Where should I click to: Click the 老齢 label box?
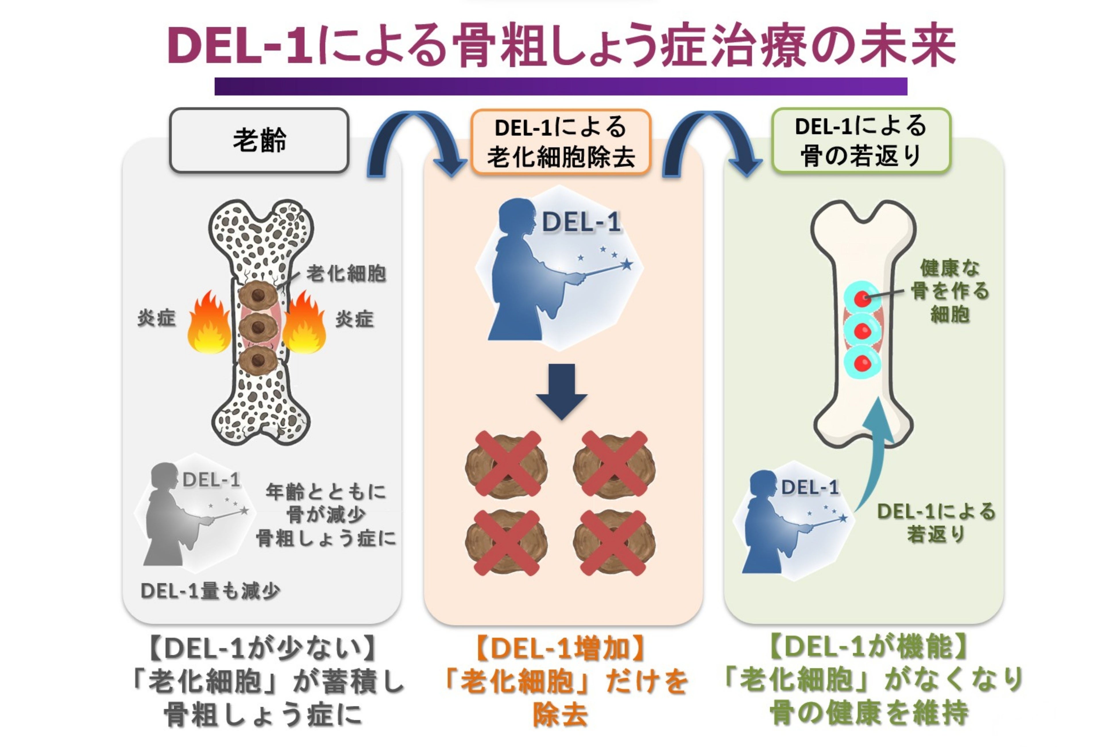pos(259,140)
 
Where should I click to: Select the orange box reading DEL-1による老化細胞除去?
pos(561,142)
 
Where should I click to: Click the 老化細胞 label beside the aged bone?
pos(346,274)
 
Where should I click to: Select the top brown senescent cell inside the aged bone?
pos(258,295)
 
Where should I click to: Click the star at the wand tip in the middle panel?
pos(627,264)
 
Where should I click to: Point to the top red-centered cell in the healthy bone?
pos(862,299)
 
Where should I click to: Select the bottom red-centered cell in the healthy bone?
pos(862,363)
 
